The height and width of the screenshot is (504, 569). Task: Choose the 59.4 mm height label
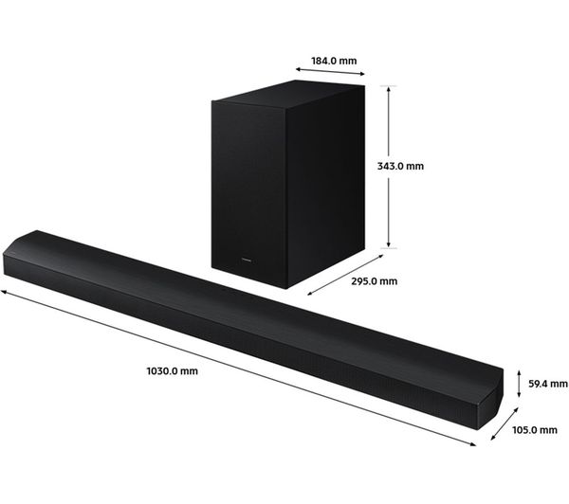pos(546,384)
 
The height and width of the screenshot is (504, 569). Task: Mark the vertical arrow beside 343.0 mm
pos(390,166)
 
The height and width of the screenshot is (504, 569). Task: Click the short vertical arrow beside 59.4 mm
pos(519,384)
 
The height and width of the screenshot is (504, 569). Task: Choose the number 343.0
pos(392,166)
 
